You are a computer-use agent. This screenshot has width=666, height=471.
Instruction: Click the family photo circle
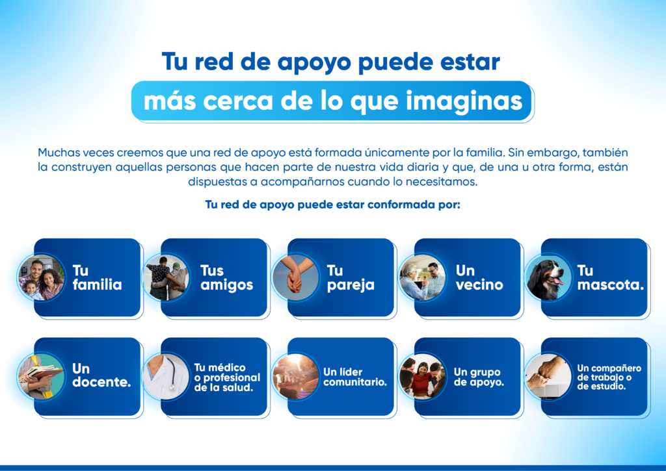[x=41, y=278]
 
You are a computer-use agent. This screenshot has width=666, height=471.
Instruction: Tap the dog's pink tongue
[x=557, y=280]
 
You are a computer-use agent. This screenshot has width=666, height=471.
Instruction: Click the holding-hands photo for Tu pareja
[x=295, y=278]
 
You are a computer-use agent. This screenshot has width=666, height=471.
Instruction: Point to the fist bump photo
[x=548, y=377]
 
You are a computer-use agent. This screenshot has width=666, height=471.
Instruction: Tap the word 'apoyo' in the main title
[x=315, y=62]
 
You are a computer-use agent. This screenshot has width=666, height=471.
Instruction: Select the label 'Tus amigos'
[x=226, y=277]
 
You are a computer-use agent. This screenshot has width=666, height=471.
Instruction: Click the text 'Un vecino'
[x=479, y=277]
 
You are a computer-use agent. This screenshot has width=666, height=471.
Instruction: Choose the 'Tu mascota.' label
[x=610, y=277]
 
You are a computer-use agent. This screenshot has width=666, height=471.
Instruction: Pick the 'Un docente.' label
[x=101, y=375]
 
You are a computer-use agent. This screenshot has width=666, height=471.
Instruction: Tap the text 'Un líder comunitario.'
[x=355, y=377]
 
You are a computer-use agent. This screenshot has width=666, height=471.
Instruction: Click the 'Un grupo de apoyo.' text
[x=479, y=377]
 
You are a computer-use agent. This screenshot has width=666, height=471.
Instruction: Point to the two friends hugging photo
[x=166, y=278]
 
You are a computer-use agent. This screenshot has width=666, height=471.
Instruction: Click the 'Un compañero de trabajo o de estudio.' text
[x=609, y=377]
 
